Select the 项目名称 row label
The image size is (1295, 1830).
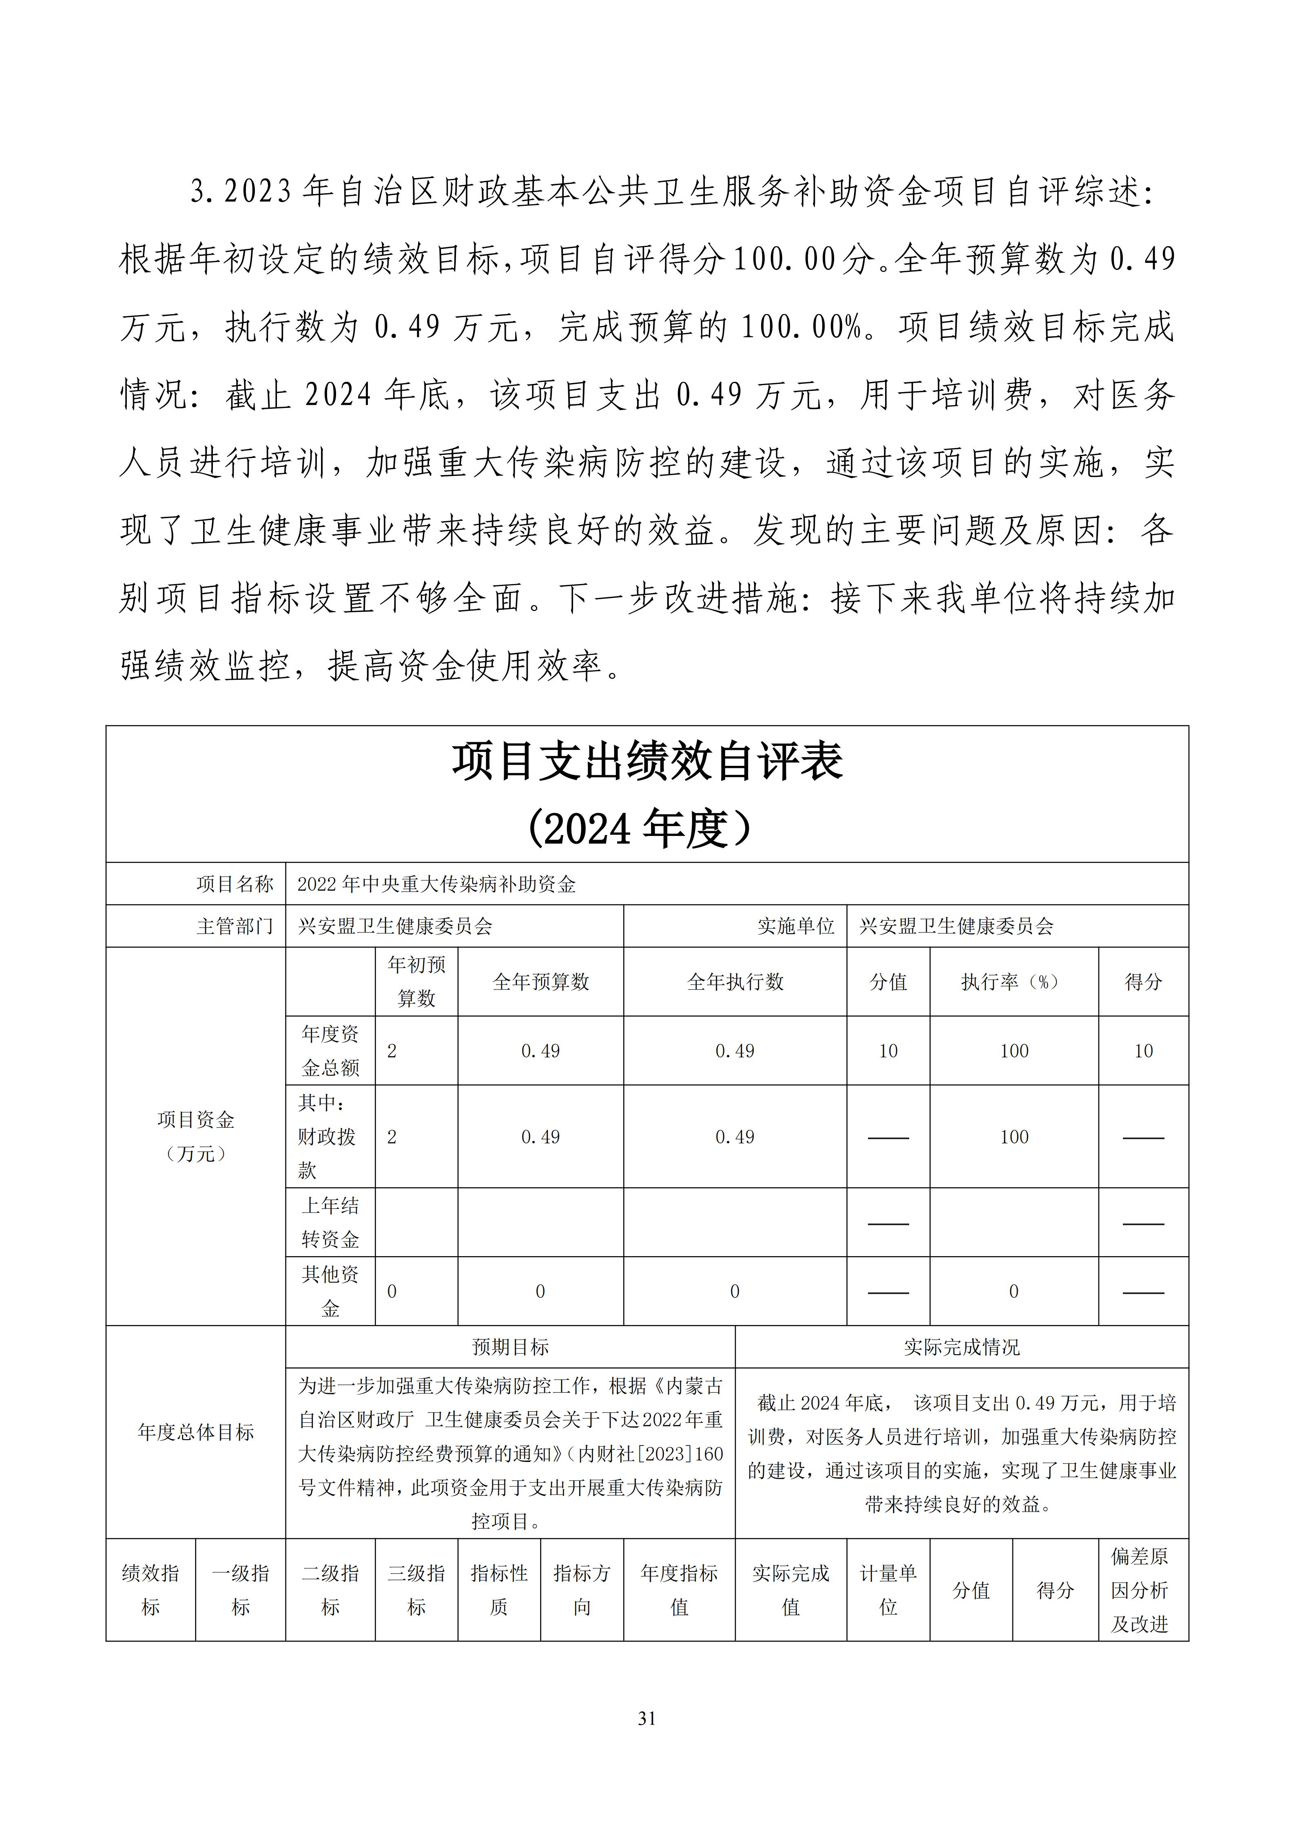(235, 884)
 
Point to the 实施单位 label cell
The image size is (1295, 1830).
(795, 926)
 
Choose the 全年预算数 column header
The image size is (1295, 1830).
(541, 982)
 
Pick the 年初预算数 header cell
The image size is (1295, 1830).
(416, 982)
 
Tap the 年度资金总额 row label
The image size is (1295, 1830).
(330, 1050)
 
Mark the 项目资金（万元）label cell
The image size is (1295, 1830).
(195, 1137)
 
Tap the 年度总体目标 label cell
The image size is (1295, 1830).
(195, 1432)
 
